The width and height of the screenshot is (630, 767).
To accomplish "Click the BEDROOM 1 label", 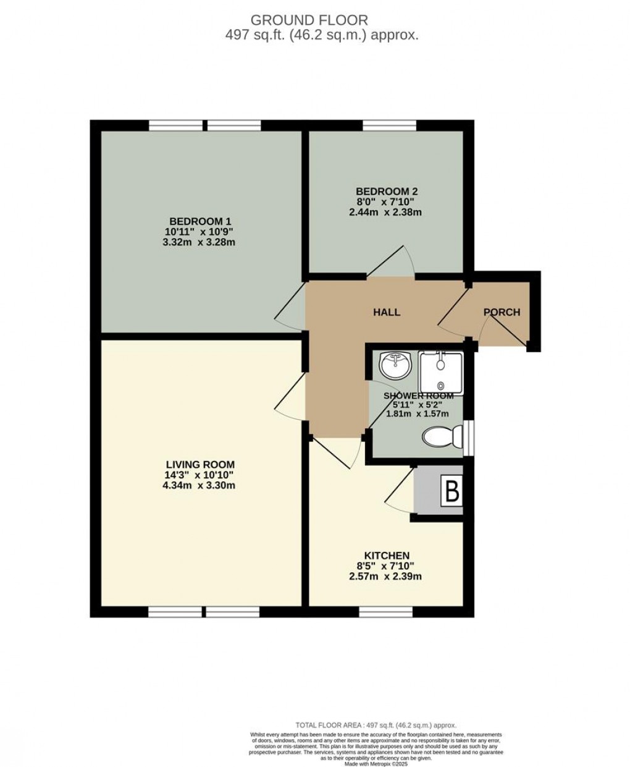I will pos(200,221).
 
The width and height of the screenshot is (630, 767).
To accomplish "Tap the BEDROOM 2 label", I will pos(385,191).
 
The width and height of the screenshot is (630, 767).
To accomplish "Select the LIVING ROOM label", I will pos(200,464).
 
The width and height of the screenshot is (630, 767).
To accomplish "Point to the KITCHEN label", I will pos(387,556).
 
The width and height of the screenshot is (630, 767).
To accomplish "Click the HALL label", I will pos(387,312).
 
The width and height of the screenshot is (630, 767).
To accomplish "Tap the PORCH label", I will pos(502,312).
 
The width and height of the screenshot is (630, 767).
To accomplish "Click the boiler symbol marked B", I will pos(452,492).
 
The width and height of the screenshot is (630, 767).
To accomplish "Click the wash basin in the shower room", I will pos(394,365).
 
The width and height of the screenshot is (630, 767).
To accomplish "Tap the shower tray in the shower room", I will pos(440,370).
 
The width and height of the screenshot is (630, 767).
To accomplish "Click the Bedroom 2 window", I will pos(389,125).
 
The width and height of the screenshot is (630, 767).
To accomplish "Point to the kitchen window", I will pos(385,612).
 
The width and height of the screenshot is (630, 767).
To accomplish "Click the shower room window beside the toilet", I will pos(469,437).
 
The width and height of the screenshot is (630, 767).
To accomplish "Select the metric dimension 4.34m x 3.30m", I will pos(200,486).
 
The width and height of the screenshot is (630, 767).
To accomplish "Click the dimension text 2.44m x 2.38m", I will pos(385,212).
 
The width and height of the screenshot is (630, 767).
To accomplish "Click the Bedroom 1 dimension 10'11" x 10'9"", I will pos(200,232).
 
